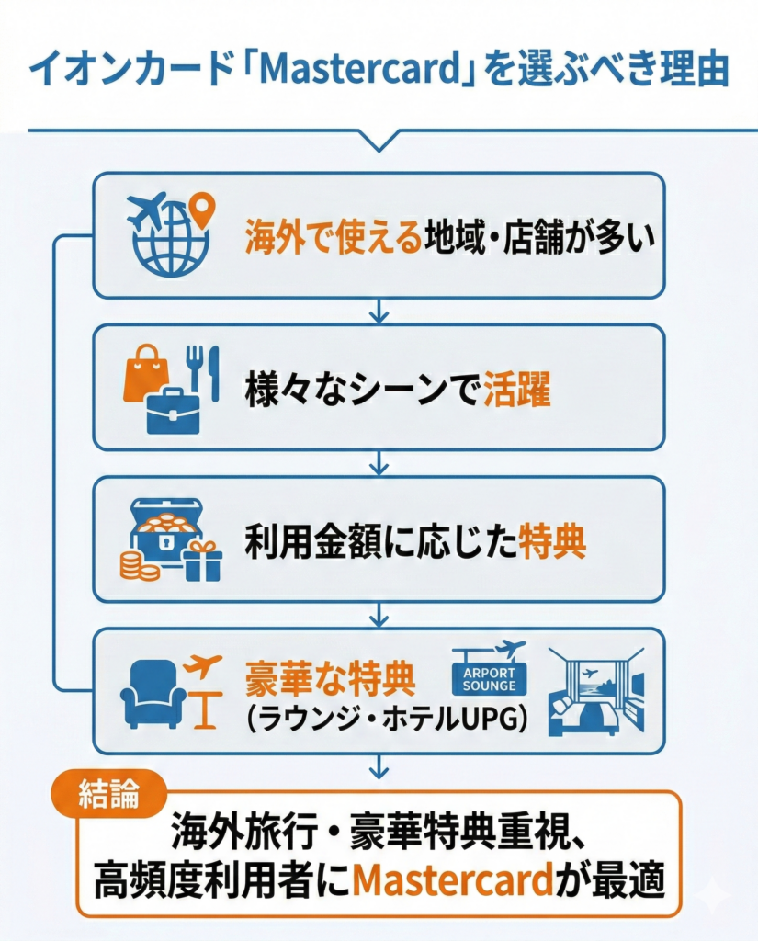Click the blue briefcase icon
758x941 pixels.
pos(172,408)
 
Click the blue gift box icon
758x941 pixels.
pos(202,561)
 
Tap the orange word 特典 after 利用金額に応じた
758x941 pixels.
pos(552,543)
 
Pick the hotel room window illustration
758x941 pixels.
pos(596,691)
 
